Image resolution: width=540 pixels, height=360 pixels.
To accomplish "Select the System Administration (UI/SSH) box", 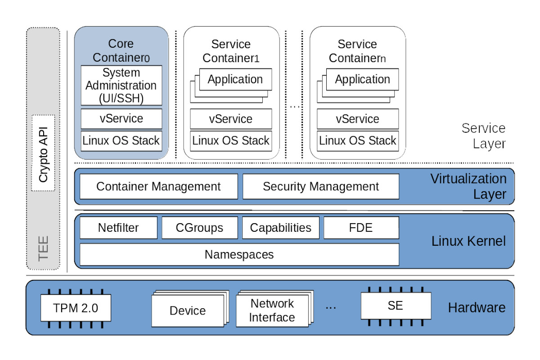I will click(121, 85).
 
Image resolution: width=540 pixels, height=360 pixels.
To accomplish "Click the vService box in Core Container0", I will click(121, 119).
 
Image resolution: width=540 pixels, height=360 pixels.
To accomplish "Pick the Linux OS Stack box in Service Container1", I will click(231, 140).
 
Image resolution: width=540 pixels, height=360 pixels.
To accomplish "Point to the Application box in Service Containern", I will click(362, 80).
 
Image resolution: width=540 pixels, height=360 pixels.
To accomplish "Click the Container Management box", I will click(158, 186).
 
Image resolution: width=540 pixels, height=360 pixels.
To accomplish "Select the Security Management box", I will click(320, 186).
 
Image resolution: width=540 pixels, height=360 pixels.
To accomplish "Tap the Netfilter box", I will click(118, 228).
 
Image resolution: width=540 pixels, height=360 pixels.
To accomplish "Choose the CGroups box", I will click(199, 228).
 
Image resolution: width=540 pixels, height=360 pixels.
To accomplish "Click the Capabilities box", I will click(280, 228).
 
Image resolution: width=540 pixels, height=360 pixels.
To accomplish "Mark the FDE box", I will click(361, 228).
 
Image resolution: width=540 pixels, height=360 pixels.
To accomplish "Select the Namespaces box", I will click(239, 255).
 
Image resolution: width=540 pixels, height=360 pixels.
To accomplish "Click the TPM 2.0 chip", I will click(76, 308).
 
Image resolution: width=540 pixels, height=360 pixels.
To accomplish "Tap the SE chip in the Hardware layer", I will click(395, 306).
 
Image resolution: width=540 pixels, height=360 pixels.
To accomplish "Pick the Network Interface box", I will click(272, 310).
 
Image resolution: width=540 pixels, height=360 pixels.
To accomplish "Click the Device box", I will click(188, 310).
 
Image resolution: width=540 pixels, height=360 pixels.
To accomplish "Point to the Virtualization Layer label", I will click(468, 186).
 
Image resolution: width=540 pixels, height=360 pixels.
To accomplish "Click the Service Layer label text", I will click(483, 136).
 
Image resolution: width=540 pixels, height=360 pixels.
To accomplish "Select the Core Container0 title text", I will click(121, 50).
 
